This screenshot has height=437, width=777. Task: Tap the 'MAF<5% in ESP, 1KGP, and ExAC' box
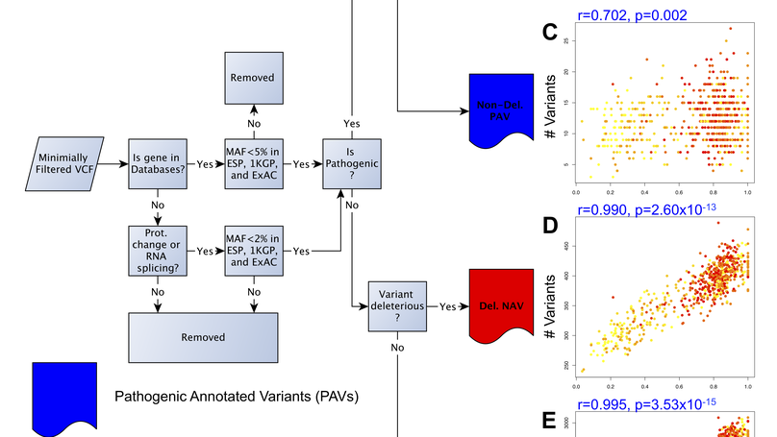(x=255, y=164)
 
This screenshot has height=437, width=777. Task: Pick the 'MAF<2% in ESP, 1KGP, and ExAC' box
(x=255, y=251)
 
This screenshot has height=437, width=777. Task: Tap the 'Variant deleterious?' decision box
(x=397, y=307)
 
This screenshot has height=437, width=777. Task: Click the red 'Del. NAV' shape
(x=500, y=304)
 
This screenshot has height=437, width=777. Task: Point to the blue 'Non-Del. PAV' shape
(x=500, y=109)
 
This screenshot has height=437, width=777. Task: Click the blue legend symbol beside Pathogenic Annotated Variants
(x=63, y=396)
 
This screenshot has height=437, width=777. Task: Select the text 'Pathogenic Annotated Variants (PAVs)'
(x=242, y=396)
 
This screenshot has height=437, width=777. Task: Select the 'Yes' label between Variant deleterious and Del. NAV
(x=447, y=308)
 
